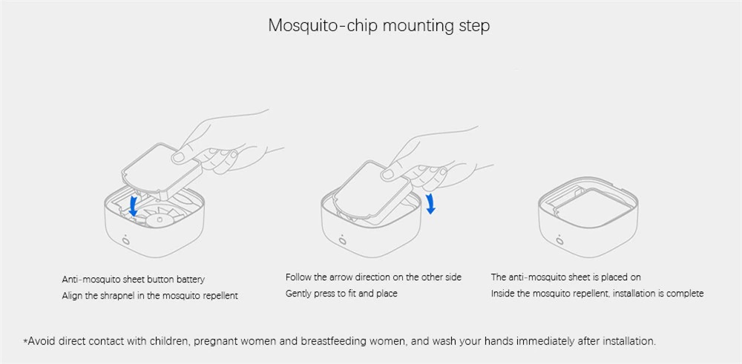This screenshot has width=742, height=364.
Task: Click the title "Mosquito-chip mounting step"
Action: (x=378, y=25)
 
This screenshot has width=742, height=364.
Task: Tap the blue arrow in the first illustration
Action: (x=134, y=206)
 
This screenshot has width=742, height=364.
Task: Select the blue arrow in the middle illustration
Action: (x=430, y=203)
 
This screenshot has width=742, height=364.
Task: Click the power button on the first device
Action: (x=126, y=239)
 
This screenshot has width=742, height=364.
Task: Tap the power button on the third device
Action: (x=560, y=239)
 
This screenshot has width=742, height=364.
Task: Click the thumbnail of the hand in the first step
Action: (x=178, y=157)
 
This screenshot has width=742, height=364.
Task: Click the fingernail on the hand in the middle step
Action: (x=387, y=173)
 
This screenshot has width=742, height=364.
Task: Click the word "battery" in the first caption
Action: (x=191, y=279)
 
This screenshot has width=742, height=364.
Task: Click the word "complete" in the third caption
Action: (x=685, y=294)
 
